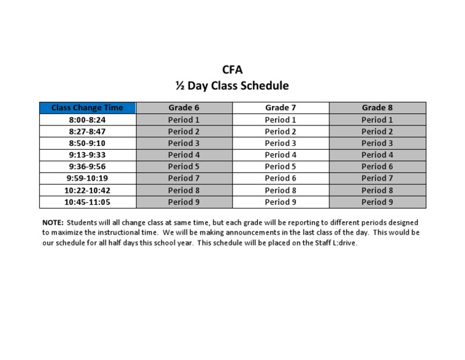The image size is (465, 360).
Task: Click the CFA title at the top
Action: pos(232,70)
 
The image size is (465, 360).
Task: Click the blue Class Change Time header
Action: pos(87,108)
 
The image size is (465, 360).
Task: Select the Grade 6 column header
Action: pos(183,108)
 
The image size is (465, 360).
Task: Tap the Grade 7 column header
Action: pos(280,108)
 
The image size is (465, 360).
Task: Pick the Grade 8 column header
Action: pos(377,108)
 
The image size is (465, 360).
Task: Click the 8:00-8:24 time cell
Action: pos(87,120)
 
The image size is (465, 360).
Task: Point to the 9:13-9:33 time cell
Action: pos(87,155)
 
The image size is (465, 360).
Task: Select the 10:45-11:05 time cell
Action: pos(87,202)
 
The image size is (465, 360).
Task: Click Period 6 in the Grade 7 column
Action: pos(280,178)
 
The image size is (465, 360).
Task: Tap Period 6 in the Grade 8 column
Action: pos(377,167)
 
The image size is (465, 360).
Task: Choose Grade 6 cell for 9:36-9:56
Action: pos(183,167)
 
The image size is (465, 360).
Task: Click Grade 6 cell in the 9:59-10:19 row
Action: pos(183,178)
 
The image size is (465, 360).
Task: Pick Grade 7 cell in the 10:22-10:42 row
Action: pos(280,190)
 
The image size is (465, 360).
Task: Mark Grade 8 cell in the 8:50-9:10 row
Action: pos(377,143)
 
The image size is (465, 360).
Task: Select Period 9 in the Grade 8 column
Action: pos(377,202)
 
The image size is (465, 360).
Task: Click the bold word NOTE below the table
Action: pos(53,222)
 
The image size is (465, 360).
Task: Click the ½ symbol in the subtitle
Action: pos(180,86)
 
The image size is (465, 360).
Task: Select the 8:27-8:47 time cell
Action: pos(87,132)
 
